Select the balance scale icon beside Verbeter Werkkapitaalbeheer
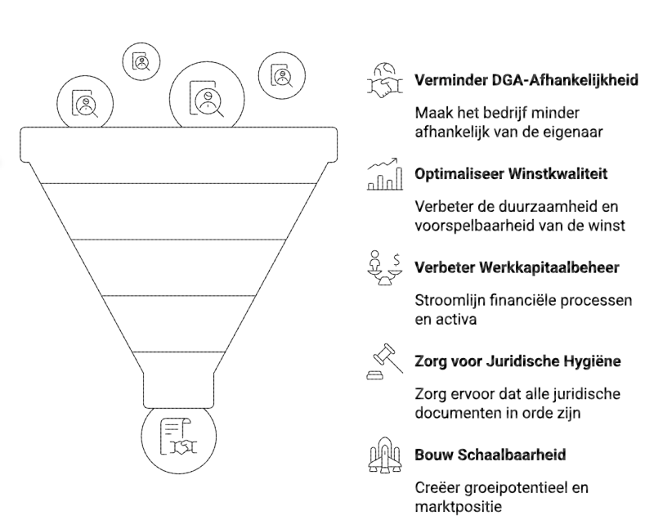tap(384, 267)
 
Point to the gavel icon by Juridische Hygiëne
tap(384, 360)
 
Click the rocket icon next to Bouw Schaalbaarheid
tap(384, 454)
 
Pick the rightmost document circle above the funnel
tap(280, 75)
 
